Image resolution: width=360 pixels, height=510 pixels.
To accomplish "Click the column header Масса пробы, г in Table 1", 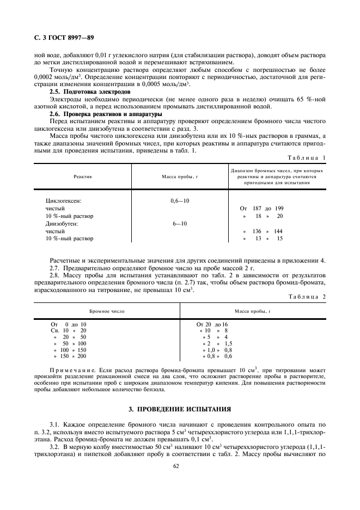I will tap(179, 177).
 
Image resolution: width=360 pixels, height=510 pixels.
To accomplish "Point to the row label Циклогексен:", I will tap(63, 201).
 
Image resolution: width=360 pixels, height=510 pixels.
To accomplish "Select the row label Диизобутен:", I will tap(62, 223).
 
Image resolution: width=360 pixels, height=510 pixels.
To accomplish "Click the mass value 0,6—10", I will tap(180, 201).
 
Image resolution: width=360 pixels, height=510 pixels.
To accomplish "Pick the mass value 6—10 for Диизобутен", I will tap(180, 223).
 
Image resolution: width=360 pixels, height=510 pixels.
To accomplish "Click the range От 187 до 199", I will tap(261, 208).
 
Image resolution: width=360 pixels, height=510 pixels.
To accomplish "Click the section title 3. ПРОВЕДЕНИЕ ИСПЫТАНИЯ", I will tap(180, 408).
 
